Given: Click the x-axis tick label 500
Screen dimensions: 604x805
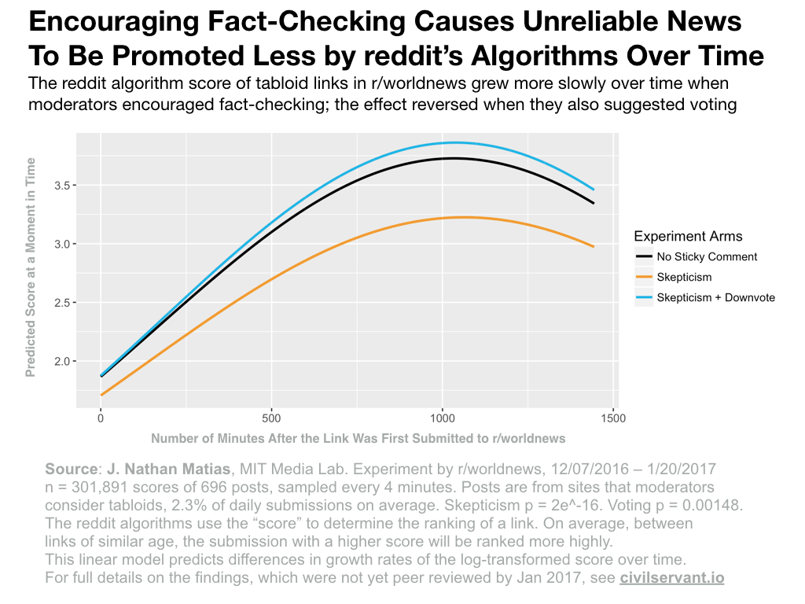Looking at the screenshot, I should [271, 418].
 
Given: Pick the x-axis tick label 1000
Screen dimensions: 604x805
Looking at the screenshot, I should [442, 418].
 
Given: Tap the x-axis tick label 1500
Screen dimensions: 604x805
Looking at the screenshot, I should [613, 418].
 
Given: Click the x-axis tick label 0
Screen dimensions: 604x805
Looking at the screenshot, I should [101, 418].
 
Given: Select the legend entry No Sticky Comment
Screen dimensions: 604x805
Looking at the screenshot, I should [706, 256].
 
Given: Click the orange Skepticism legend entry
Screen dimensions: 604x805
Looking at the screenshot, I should [684, 277].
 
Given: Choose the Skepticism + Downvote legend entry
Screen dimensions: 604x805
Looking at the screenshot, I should [715, 297].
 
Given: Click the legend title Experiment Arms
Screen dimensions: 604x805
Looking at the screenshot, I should [688, 236].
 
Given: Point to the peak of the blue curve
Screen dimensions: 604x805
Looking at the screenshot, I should [454, 142].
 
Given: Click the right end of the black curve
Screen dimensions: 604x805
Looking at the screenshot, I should [594, 203].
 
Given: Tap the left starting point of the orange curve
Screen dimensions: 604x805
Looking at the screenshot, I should [101, 395].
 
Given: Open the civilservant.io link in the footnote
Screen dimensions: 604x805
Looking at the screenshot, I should [671, 577].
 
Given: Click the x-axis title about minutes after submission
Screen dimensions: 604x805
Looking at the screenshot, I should [358, 438].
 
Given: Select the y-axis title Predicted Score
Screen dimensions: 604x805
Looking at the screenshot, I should [31, 267].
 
